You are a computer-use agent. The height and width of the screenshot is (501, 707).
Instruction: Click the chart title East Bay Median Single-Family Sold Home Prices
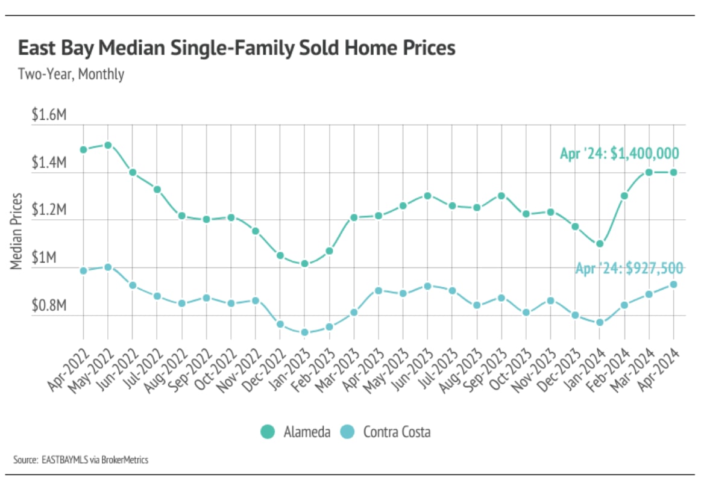(x=236, y=48)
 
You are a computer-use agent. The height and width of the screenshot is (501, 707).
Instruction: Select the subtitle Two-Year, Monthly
(x=71, y=75)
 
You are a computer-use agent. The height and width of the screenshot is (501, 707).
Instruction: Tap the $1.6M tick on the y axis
(x=48, y=116)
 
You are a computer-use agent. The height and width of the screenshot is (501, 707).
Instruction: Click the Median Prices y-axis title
(x=16, y=231)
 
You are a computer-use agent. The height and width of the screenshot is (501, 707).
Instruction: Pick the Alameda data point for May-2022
(x=108, y=145)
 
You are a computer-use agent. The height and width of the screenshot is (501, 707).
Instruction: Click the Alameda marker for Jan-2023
(x=304, y=264)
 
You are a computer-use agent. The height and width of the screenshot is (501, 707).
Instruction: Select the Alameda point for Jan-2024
(x=600, y=244)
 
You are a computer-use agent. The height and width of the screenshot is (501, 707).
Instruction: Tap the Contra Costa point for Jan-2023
(x=304, y=332)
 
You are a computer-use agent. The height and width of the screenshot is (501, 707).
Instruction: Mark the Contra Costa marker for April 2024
(x=673, y=284)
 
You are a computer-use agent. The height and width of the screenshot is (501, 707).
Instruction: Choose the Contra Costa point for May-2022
(x=108, y=267)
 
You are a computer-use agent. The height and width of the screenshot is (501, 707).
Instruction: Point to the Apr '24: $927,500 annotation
(x=629, y=268)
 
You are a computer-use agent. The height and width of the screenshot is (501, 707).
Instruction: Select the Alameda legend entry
(x=295, y=432)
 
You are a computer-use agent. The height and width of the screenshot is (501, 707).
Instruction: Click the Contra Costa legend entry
(x=386, y=432)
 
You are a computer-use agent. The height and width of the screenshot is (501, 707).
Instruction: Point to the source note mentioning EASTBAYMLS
(x=81, y=460)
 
